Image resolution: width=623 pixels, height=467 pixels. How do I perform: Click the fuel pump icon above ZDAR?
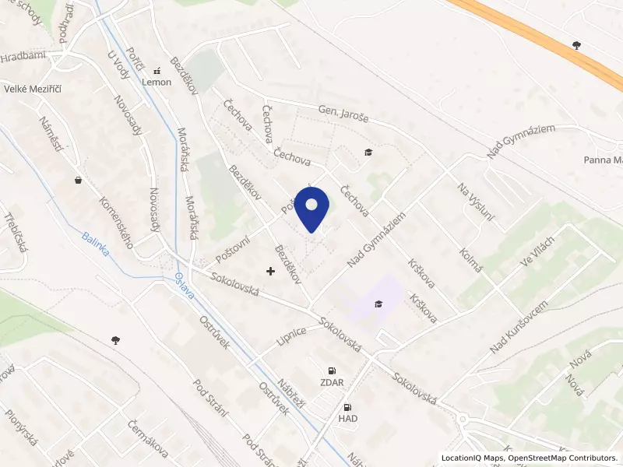[x=333, y=370]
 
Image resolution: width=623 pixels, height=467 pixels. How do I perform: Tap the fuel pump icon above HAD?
[x=347, y=406]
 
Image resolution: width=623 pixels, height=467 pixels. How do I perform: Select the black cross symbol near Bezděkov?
[x=270, y=271]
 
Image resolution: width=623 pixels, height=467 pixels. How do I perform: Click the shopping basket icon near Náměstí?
[x=78, y=180]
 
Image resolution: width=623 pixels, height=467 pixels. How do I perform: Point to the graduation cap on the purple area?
[x=378, y=304]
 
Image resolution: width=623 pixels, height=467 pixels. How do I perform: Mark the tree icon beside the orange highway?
[x=576, y=45]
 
